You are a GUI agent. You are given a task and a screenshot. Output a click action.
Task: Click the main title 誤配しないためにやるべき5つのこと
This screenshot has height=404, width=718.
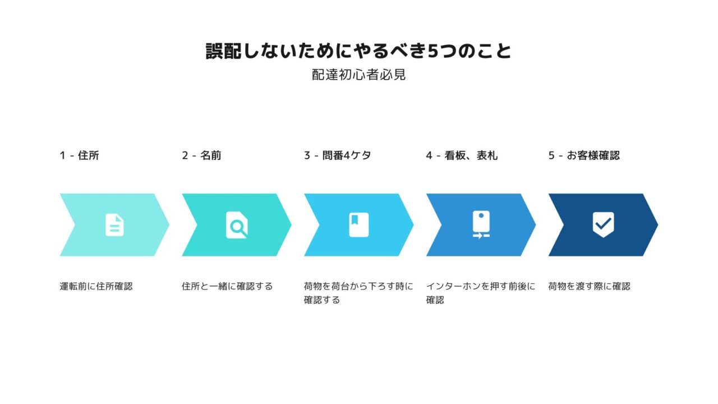(358, 51)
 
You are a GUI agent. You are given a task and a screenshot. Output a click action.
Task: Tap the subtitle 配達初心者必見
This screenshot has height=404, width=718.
(358, 75)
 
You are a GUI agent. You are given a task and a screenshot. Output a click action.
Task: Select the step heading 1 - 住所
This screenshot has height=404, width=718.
(79, 155)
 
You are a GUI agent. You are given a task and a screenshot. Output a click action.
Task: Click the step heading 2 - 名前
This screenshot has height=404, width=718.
(201, 155)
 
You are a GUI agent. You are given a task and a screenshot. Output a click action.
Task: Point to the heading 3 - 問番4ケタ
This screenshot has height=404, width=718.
(338, 155)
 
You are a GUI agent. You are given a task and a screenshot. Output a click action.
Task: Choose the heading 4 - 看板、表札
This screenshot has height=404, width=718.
(462, 155)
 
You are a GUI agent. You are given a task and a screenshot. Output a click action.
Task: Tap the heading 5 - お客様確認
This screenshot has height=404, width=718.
(584, 155)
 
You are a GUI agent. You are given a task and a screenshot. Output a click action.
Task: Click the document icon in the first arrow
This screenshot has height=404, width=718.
(114, 225)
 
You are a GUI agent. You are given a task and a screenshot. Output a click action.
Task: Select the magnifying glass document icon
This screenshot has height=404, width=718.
(237, 225)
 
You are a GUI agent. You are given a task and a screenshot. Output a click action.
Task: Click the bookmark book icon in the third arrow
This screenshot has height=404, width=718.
(358, 225)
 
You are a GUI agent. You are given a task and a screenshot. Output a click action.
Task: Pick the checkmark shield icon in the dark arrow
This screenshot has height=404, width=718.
(603, 224)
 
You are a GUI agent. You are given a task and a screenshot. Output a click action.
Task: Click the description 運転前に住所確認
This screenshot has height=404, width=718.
(96, 286)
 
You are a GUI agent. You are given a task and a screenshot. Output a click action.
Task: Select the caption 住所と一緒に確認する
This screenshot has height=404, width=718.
(227, 286)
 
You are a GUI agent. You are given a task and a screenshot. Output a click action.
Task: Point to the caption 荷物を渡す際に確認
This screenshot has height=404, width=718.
(589, 286)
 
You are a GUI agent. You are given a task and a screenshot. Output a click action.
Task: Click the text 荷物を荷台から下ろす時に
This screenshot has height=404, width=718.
(358, 286)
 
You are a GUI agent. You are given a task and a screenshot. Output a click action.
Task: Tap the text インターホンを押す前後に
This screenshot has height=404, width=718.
(481, 286)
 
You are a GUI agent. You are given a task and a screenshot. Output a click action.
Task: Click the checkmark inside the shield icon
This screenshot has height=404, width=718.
(604, 223)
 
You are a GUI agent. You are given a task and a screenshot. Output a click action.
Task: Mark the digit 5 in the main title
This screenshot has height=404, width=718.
(432, 51)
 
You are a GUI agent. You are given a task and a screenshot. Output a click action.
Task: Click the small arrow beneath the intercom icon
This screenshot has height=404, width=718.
(477, 236)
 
